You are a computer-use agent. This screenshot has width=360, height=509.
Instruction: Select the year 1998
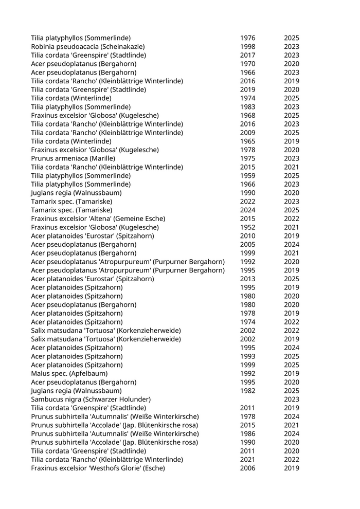pos(247,47)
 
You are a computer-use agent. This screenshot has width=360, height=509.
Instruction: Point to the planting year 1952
pos(247,227)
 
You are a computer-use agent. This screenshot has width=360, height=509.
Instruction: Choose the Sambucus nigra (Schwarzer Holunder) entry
pos(91,399)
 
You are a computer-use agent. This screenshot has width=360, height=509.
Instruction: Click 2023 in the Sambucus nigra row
pos(292,399)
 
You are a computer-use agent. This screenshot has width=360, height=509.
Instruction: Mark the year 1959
pos(247,176)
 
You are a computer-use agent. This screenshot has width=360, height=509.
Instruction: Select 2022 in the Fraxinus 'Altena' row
pos(292,219)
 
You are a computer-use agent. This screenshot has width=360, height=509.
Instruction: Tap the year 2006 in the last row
pos(247,468)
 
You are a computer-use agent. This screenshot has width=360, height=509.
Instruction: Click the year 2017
pos(247,56)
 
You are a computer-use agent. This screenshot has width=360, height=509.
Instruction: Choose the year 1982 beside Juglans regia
pos(247,391)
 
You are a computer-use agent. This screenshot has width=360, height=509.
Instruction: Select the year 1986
pos(247,434)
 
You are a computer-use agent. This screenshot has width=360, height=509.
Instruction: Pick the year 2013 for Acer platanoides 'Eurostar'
pos(247,279)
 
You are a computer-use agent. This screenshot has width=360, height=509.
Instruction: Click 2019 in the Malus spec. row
pos(292,374)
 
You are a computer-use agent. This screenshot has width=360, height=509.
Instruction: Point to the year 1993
pos(247,356)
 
